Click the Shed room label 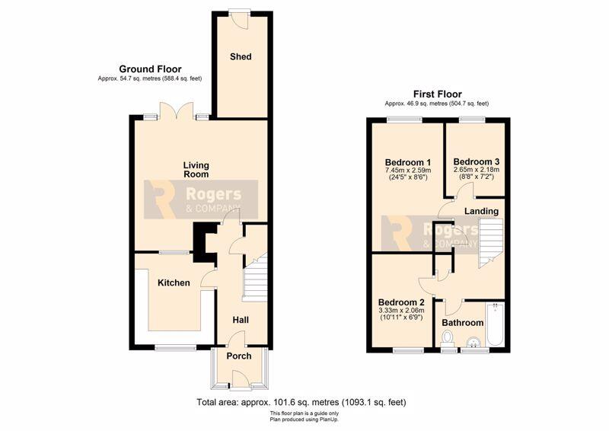click(x=241, y=57)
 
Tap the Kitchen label click(x=174, y=283)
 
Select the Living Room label click(x=196, y=170)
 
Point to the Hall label click(x=241, y=320)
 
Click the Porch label click(x=239, y=356)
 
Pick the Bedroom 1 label click(x=408, y=162)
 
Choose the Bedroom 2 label click(x=401, y=302)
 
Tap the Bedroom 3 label click(x=477, y=161)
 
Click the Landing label click(x=482, y=211)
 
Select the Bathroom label click(x=463, y=323)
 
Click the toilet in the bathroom click(x=448, y=338)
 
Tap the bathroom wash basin click(x=473, y=342)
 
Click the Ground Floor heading click(x=150, y=69)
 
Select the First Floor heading click(x=437, y=94)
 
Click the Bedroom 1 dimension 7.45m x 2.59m click(x=408, y=171)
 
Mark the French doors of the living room click(x=177, y=110)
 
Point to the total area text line click(x=301, y=402)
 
